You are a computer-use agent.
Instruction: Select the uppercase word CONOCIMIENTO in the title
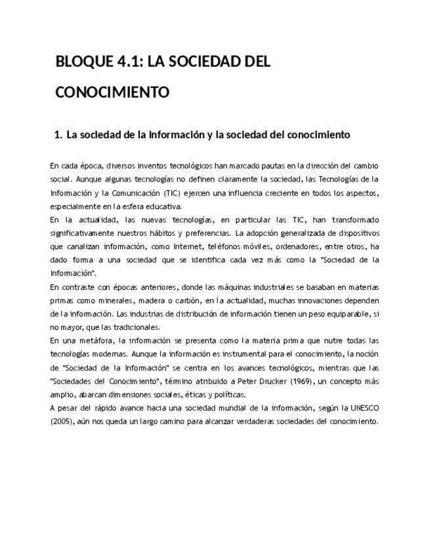(x=112, y=92)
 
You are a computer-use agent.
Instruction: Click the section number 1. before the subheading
(x=58, y=135)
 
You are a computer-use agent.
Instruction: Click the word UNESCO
(x=364, y=408)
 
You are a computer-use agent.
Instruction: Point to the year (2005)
(x=63, y=422)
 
